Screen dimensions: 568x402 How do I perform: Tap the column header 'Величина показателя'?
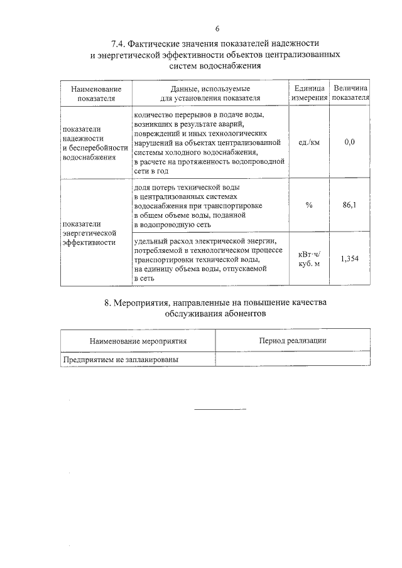click(350, 94)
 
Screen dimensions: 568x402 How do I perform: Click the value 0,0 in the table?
click(350, 142)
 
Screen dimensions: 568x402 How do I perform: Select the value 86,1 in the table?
click(350, 205)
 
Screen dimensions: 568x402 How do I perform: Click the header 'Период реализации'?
click(292, 340)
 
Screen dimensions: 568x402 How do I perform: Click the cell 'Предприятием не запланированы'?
click(120, 360)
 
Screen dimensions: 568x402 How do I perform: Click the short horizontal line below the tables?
click(220, 409)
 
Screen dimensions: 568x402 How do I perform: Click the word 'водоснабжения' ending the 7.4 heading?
click(231, 65)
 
